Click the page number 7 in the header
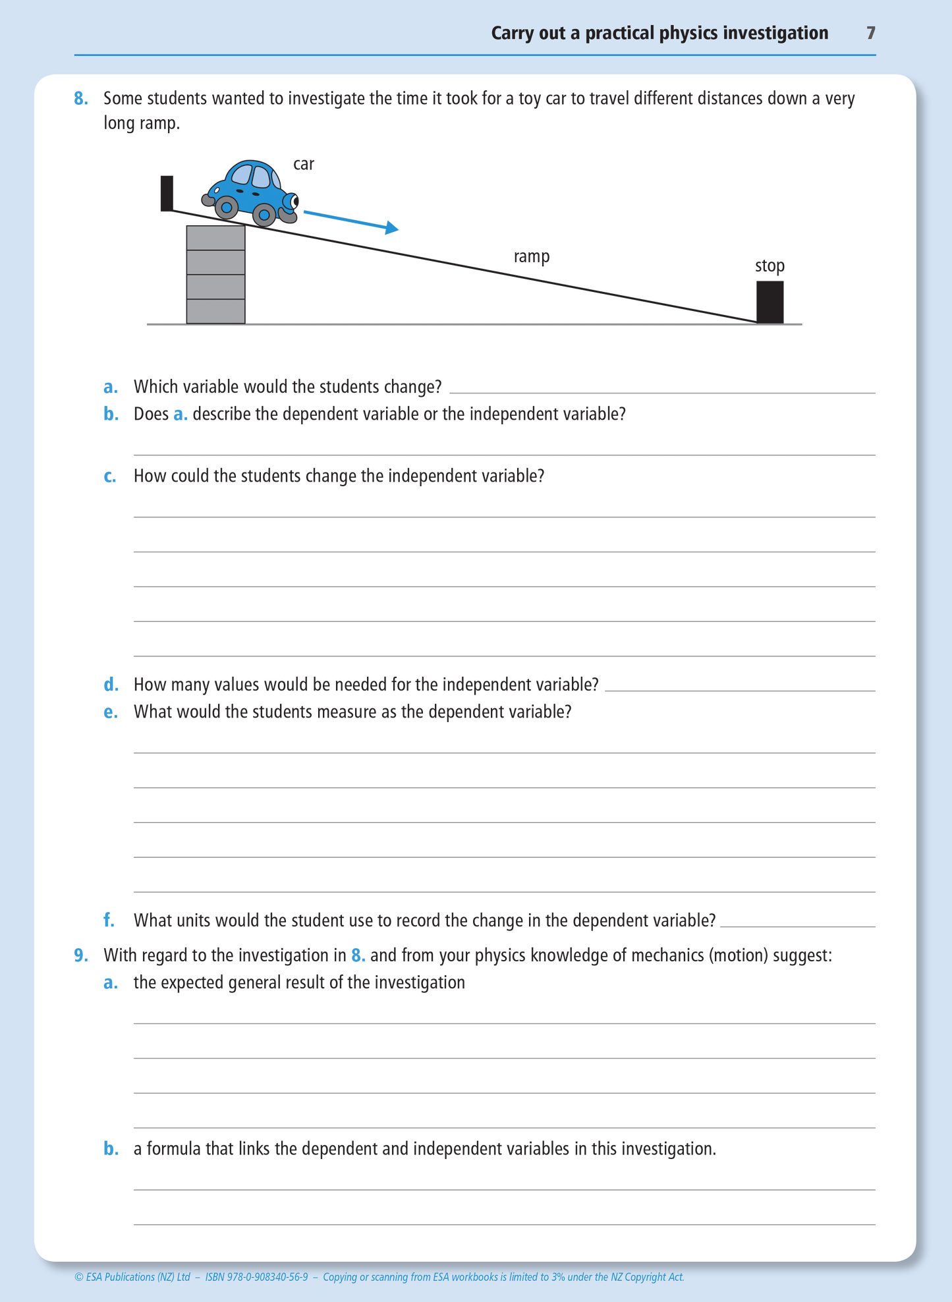(870, 33)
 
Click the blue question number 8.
(80, 99)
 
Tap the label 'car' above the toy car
(303, 164)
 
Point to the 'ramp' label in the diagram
(531, 256)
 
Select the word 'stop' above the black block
(769, 266)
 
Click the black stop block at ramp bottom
(770, 302)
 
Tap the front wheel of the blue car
(264, 214)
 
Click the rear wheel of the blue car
(227, 208)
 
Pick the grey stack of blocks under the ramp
(215, 275)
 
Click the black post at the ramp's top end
(167, 193)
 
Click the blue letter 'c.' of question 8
(110, 476)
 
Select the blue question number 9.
(80, 955)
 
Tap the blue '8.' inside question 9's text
(358, 955)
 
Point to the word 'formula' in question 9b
(173, 1149)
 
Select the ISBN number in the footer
(256, 1277)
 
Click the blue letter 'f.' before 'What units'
(109, 920)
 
